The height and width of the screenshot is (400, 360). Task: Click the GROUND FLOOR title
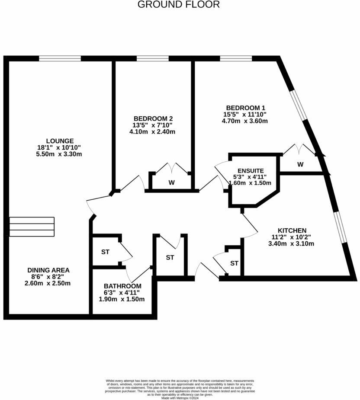[x=179, y=5]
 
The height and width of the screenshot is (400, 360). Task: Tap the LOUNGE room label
[x=60, y=141]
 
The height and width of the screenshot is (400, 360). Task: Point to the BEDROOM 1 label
[x=246, y=108]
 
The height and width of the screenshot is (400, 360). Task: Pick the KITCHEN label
[x=292, y=230]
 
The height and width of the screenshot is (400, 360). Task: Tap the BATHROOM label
[x=122, y=286]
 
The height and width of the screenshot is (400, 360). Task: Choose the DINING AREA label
[x=48, y=270]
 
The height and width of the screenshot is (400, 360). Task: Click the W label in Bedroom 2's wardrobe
[x=171, y=183]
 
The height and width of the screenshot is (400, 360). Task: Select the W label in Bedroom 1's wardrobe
[x=300, y=164]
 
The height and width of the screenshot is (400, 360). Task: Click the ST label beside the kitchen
[x=234, y=263]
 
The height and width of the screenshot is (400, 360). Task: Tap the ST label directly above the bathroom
[x=105, y=252]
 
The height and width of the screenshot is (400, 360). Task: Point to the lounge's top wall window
[x=60, y=58]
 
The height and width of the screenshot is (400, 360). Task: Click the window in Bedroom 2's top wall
[x=152, y=58]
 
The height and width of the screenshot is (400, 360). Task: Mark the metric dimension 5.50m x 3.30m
[x=60, y=154]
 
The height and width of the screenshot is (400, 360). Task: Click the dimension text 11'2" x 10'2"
[x=291, y=237]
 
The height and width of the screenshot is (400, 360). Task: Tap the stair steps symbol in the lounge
[x=32, y=227]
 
